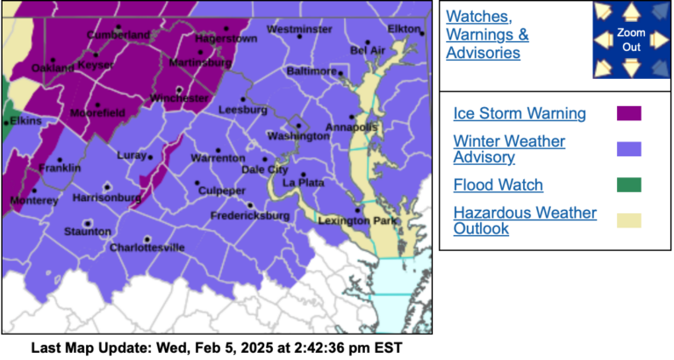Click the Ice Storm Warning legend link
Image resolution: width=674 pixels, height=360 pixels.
[519, 113]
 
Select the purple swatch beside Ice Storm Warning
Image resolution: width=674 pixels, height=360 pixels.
[628, 113]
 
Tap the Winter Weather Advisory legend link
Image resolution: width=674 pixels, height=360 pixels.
[509, 149]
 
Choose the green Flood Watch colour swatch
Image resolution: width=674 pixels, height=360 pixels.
[628, 185]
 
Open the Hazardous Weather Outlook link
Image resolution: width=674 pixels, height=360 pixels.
[525, 220]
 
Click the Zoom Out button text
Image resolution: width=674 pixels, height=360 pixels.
[631, 40]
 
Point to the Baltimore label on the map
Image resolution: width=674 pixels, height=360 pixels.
[312, 70]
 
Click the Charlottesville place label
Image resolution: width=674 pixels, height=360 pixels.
[147, 248]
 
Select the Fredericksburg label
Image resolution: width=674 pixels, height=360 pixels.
[250, 215]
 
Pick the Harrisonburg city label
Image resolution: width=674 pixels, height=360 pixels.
[106, 198]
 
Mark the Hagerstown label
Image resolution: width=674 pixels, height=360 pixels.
[225, 40]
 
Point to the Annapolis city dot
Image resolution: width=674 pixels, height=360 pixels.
[353, 116]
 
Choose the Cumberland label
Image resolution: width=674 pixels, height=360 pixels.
[118, 34]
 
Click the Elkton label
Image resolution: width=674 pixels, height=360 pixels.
[405, 29]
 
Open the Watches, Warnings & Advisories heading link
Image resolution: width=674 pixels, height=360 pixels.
[487, 34]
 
